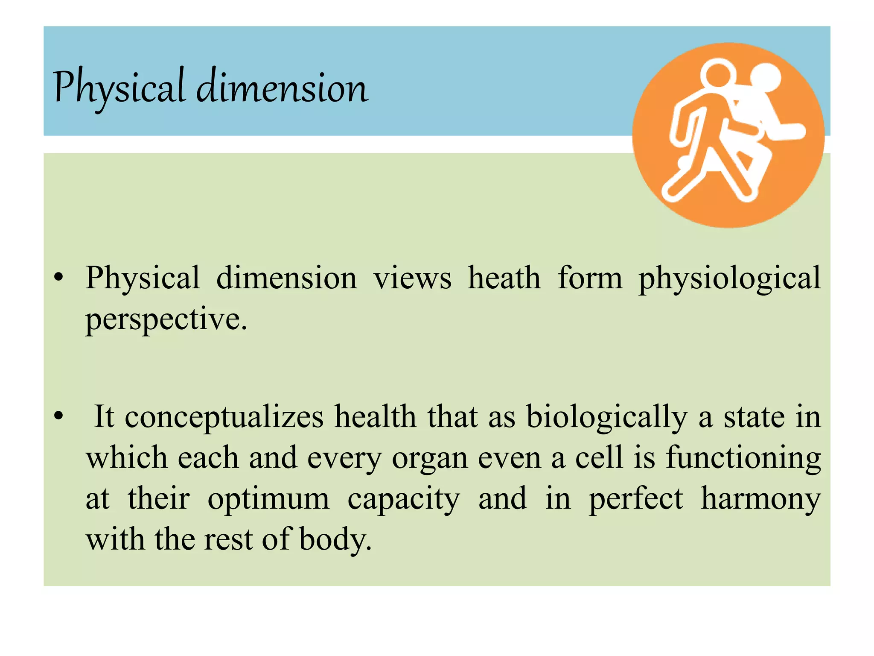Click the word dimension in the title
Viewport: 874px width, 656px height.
point(282,88)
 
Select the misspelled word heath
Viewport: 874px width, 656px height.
point(504,278)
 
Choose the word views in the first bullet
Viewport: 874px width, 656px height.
point(412,279)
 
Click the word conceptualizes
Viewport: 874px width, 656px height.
point(224,417)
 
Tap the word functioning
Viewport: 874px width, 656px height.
point(743,458)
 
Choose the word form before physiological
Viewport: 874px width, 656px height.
point(590,278)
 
